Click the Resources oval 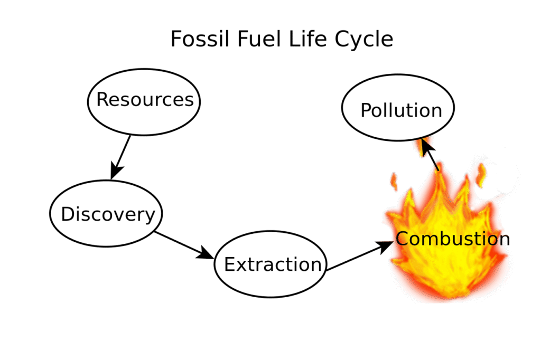point(144,100)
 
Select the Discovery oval point(106,214)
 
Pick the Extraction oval point(271,264)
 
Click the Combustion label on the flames point(453,239)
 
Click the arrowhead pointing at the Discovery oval point(116,172)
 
